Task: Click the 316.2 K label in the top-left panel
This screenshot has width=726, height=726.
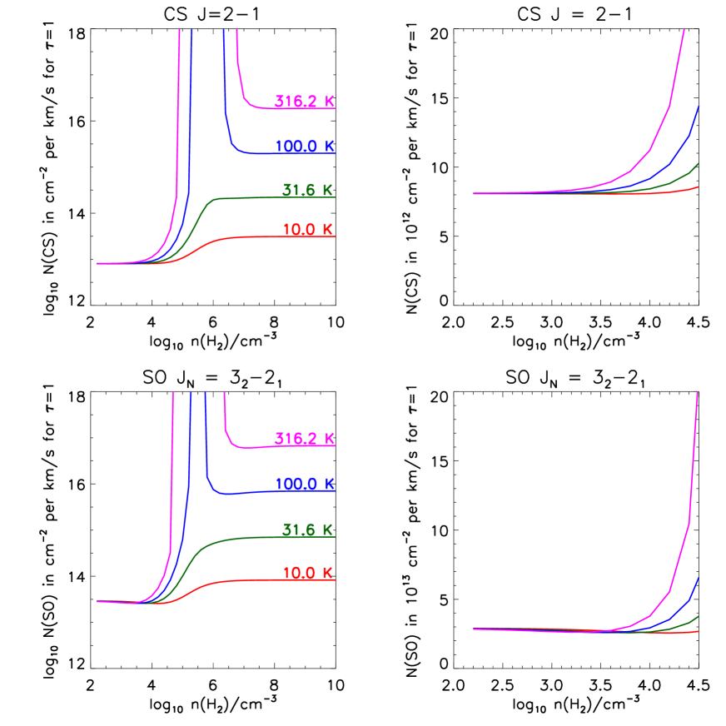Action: tap(305, 102)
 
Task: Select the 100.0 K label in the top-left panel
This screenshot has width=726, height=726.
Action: tap(305, 147)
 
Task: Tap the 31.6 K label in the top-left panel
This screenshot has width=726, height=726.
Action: tap(307, 190)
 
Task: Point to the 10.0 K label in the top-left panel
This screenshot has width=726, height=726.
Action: tap(307, 230)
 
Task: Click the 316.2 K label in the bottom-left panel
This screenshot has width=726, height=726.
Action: tap(305, 439)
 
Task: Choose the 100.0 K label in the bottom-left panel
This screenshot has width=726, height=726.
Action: tap(305, 485)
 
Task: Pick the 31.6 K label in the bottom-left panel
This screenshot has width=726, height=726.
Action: tap(307, 530)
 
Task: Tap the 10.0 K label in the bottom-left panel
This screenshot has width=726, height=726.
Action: tap(307, 573)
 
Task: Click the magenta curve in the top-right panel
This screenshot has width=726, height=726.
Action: tap(669, 105)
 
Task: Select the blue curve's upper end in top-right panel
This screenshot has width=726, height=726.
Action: tap(698, 107)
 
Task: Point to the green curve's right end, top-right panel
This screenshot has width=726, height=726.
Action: tap(697, 164)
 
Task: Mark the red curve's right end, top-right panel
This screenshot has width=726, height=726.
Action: tap(697, 187)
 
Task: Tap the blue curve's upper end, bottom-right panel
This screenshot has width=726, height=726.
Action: tap(698, 578)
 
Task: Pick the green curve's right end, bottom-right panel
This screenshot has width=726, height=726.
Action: tap(697, 617)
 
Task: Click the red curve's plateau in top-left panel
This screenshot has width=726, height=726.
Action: tap(266, 237)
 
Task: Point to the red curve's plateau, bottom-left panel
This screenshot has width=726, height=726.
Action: tap(266, 579)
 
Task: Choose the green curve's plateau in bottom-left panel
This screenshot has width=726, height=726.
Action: tap(258, 537)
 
